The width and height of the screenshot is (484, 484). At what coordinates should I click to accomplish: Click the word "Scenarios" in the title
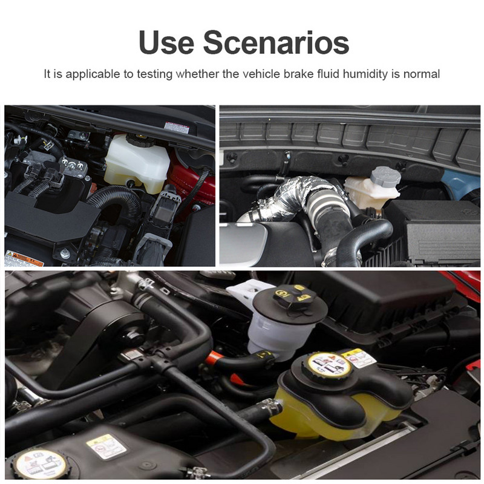click(x=275, y=42)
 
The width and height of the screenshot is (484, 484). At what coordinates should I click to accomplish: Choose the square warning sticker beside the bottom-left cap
click(x=106, y=446)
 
